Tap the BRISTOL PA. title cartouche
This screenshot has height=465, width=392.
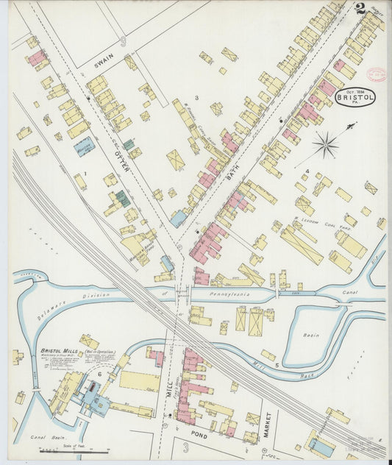click(355, 97)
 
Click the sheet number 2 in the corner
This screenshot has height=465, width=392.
click(360, 9)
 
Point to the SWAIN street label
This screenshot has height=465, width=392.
click(101, 65)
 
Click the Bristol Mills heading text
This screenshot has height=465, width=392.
click(60, 351)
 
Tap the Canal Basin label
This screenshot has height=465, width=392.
click(43, 438)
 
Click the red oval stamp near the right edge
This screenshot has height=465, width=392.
click(377, 75)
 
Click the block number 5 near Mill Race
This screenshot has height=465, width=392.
click(276, 365)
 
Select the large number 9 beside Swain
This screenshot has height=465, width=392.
click(123, 43)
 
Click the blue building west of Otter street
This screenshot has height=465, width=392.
click(85, 146)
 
